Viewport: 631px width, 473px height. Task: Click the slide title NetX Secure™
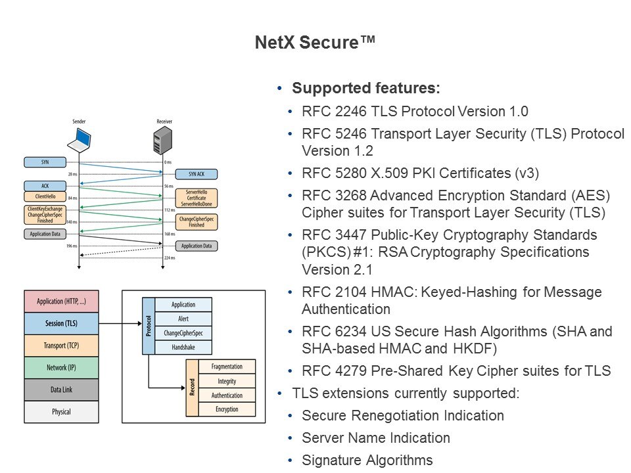tap(315, 43)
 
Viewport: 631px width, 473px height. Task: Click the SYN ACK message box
tap(196, 174)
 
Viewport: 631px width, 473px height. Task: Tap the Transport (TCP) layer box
tap(60, 345)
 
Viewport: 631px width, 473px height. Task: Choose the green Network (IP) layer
tap(60, 367)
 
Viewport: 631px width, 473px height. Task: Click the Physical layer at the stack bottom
tap(60, 412)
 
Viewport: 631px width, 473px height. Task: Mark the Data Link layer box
tap(60, 390)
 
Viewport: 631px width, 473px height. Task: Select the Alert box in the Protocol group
tap(183, 319)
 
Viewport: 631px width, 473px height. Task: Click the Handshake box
tap(183, 347)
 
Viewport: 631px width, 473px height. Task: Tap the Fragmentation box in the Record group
tap(227, 367)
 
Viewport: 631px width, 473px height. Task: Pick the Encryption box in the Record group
tap(227, 409)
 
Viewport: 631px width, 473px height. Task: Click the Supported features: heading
tap(365, 88)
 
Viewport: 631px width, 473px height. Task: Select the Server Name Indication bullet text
tap(376, 438)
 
